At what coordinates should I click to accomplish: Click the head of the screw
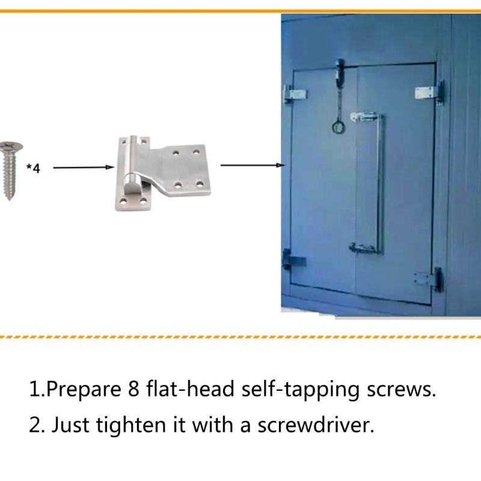click(8, 146)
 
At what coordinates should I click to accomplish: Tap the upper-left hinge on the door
click(295, 94)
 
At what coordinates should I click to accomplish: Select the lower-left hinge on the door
click(294, 262)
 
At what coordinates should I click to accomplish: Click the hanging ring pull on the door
click(338, 126)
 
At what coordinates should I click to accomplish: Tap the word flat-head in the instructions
click(190, 389)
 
